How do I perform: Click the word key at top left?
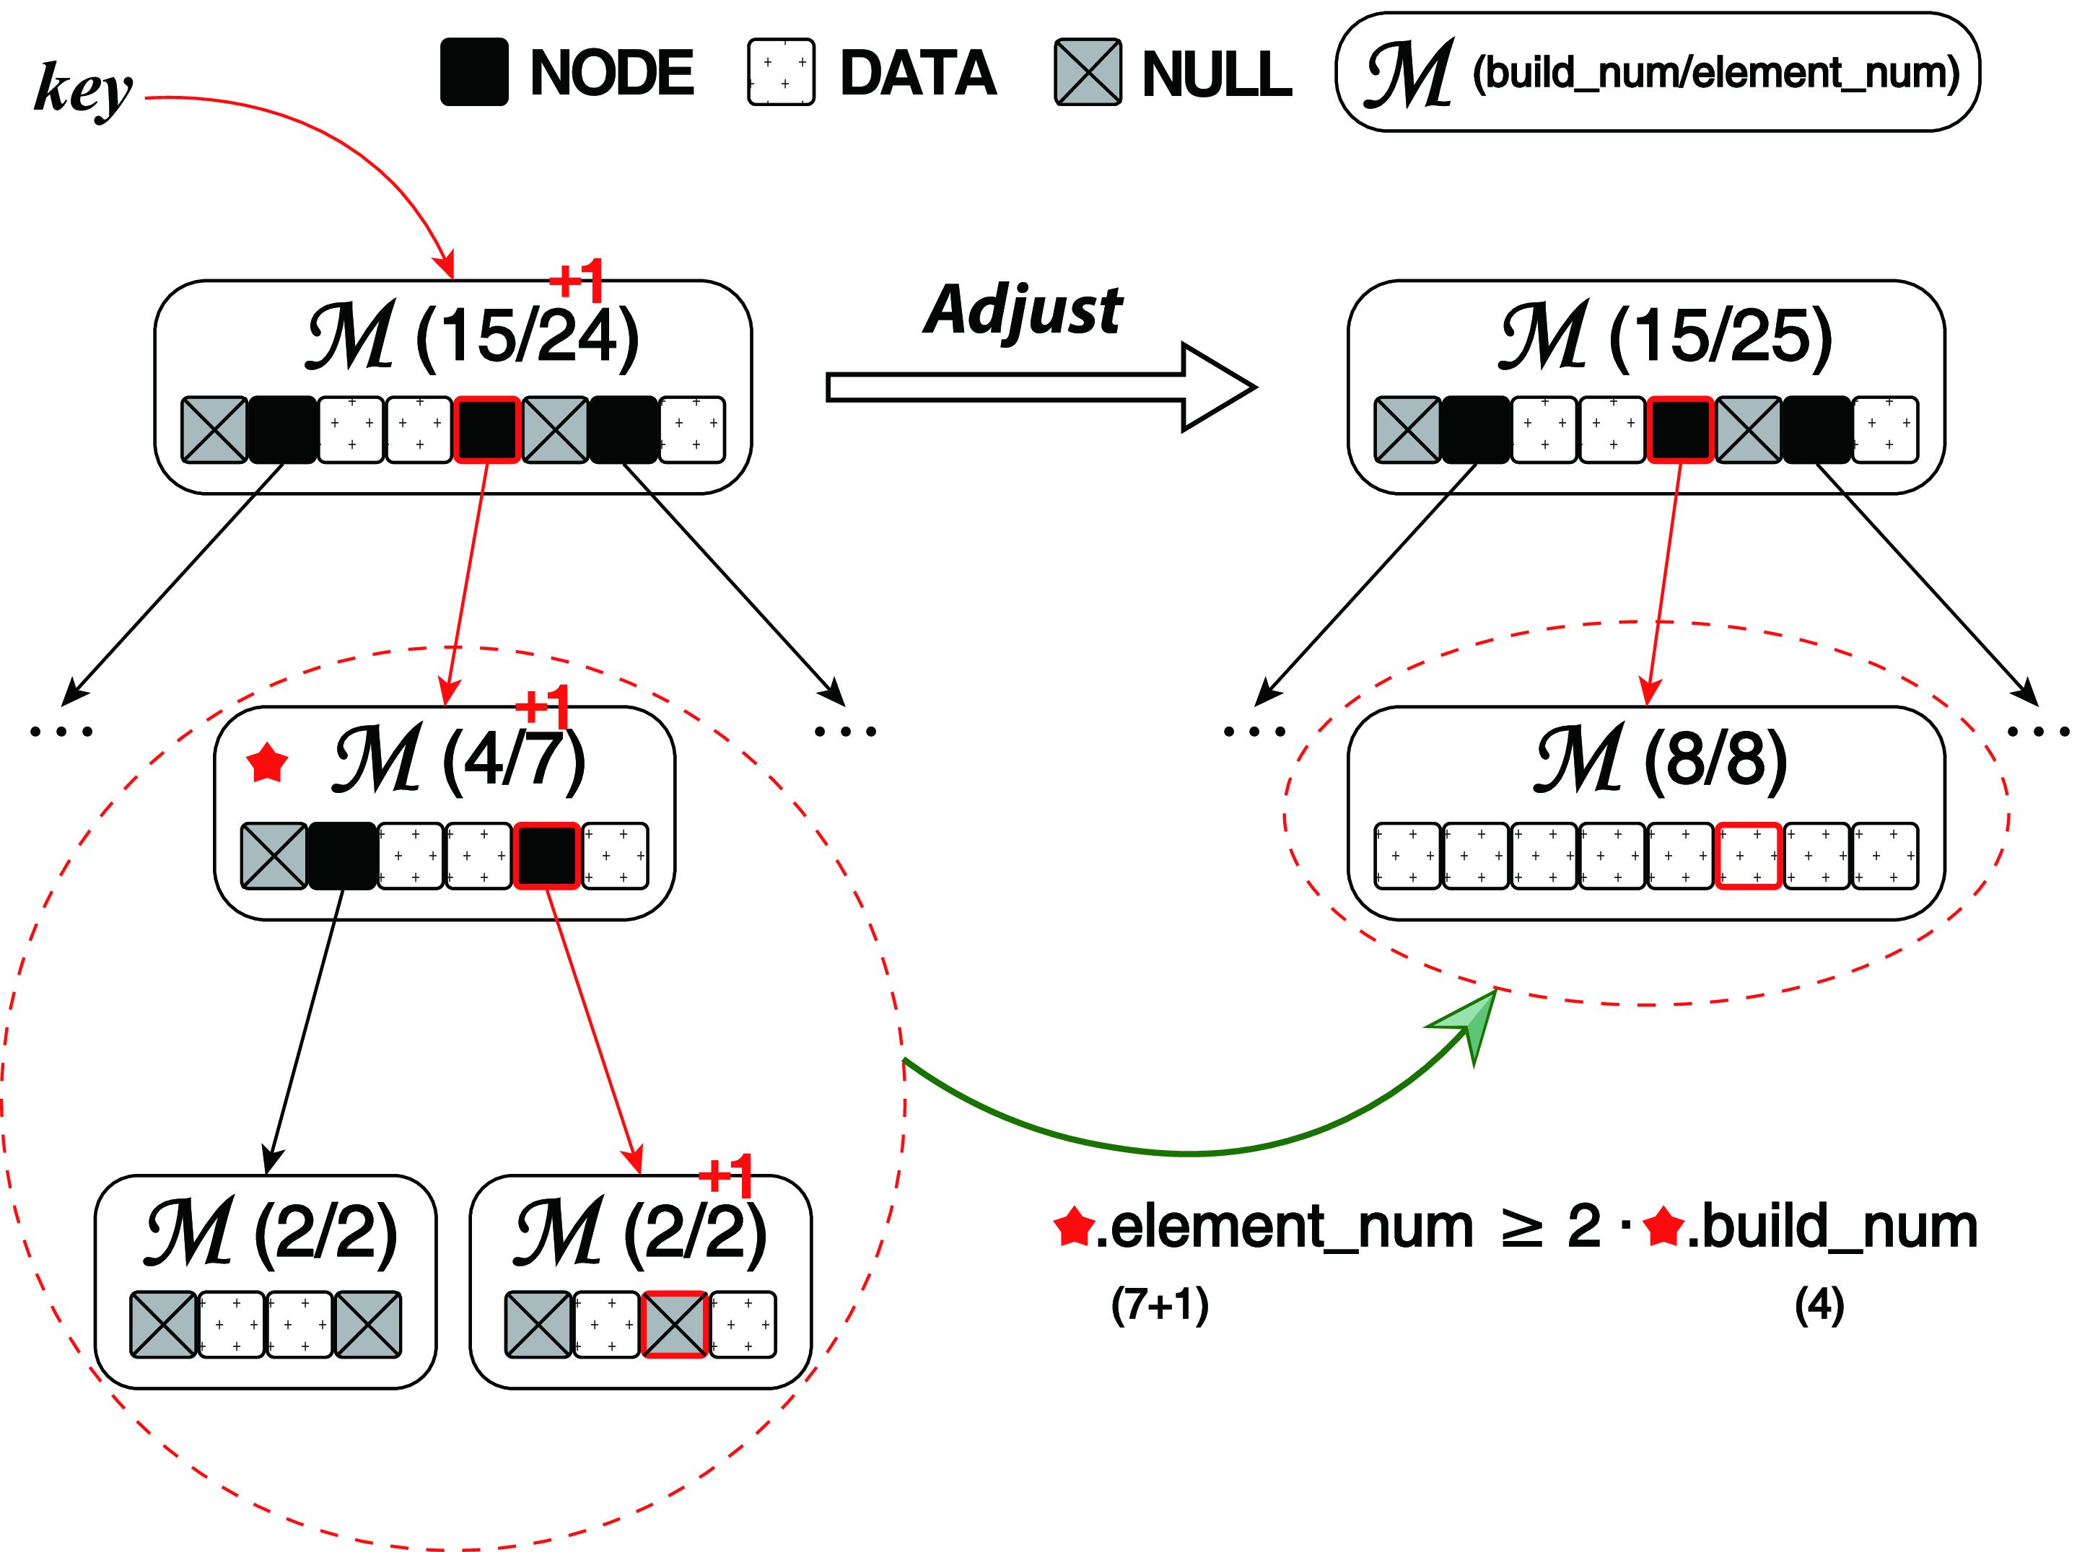pos(82,87)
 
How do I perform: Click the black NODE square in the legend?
pos(474,72)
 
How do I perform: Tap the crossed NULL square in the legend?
pos(1088,72)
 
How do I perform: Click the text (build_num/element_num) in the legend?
pos(1715,72)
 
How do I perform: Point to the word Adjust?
pos(1023,310)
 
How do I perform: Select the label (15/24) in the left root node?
pos(527,336)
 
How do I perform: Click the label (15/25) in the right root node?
pos(1720,336)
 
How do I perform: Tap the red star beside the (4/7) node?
pos(268,763)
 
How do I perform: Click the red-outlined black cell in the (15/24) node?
pos(487,430)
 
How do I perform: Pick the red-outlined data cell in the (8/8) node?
pos(1747,855)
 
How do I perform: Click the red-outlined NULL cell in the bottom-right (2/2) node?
pos(674,1324)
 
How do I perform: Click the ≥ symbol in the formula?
pos(1521,1227)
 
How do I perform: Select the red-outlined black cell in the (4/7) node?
pos(546,855)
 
